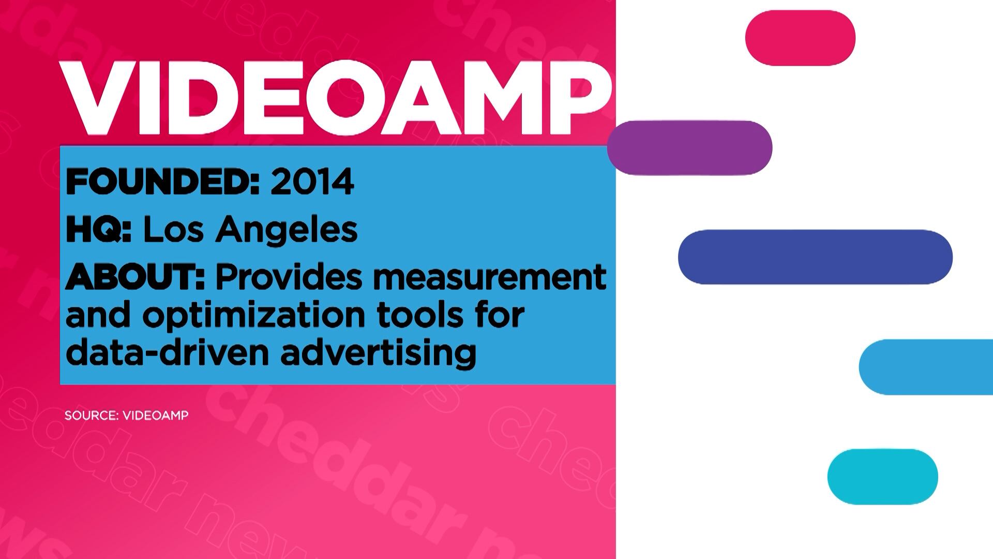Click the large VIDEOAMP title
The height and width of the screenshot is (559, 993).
335,98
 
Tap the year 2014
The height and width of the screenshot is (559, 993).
312,182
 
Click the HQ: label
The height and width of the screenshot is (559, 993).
99,229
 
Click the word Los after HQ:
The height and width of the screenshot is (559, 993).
173,229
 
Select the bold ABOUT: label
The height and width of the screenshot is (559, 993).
136,277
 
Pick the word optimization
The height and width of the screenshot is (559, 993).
254,316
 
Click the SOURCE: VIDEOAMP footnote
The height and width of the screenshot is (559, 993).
127,415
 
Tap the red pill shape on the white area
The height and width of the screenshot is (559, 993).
800,38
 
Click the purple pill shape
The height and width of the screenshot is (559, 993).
690,148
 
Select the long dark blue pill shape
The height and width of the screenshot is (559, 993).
815,257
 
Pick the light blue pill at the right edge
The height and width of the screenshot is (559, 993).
926,367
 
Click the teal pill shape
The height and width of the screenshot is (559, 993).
882,477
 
